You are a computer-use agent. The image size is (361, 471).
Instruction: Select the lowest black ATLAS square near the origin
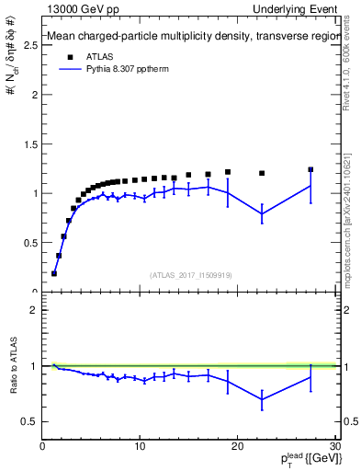(54, 273)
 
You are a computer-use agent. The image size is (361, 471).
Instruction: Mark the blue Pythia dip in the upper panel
(262, 213)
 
